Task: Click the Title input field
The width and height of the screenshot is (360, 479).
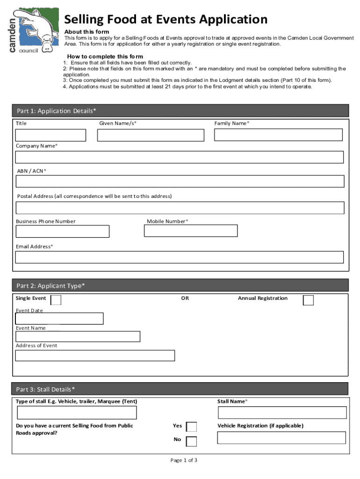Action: pos(50,135)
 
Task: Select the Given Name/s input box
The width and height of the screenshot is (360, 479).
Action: pos(151,135)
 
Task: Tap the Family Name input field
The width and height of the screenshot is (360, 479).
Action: pos(278,135)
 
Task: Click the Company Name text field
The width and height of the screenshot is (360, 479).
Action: pos(180,157)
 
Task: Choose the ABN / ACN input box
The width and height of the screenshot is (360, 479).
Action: pos(180,181)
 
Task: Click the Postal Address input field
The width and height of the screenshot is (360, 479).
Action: pos(180,208)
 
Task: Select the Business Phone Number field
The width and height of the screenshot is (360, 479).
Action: pos(63,232)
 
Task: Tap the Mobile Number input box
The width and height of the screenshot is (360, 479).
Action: pos(191,231)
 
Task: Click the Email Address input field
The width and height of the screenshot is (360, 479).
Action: pos(180,257)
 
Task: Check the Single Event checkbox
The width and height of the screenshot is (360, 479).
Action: pos(55,300)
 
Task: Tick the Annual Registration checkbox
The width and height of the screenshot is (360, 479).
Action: pos(308,300)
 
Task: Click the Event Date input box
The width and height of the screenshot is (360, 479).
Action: pos(59,319)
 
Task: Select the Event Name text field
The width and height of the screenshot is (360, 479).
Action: pos(78,336)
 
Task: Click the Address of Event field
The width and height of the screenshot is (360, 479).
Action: pos(95,356)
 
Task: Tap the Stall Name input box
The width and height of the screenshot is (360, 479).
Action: pos(282,413)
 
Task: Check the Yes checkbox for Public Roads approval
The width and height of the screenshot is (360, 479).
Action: pos(191,427)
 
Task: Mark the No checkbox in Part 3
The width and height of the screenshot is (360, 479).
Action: pos(191,441)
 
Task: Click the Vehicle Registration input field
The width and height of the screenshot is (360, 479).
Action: pos(281,438)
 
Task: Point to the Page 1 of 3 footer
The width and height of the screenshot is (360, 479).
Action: pos(184,460)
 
